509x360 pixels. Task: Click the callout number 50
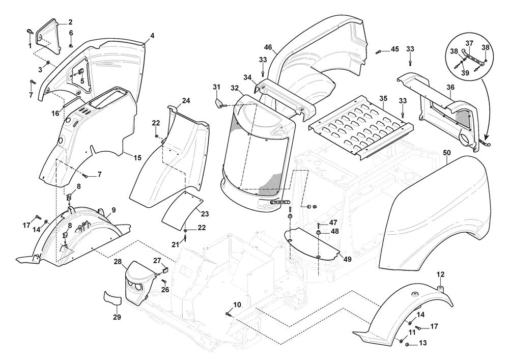(x=447, y=153)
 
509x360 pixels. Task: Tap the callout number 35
(x=383, y=98)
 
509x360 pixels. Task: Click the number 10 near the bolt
(x=237, y=304)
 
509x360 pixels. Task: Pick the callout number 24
(x=186, y=101)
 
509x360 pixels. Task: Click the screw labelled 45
(x=379, y=51)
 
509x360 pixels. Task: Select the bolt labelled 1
(x=29, y=33)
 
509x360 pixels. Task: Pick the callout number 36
(x=450, y=87)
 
